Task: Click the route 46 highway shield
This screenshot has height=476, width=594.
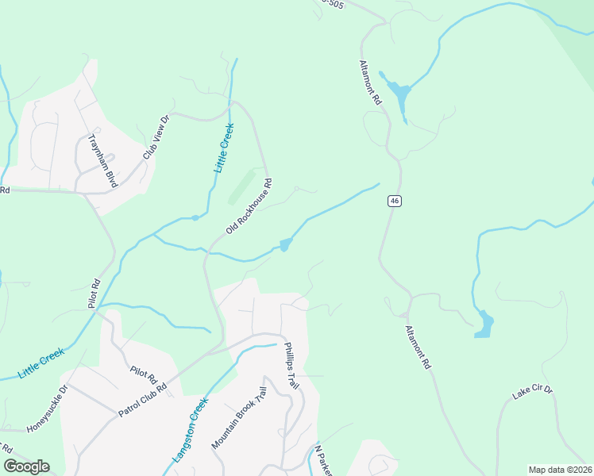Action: coord(394,201)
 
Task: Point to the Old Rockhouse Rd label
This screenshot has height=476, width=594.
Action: coord(249,205)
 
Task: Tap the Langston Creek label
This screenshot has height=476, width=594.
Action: coord(190,430)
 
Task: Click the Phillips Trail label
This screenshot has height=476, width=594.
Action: coord(291,366)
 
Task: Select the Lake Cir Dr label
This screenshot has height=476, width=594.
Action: coord(532,393)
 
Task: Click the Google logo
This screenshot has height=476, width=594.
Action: coord(26,466)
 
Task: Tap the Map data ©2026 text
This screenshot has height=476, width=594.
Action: coord(560,470)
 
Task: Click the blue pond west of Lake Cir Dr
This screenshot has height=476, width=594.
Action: coord(483,324)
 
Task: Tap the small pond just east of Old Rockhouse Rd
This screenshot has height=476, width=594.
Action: coord(284,245)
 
